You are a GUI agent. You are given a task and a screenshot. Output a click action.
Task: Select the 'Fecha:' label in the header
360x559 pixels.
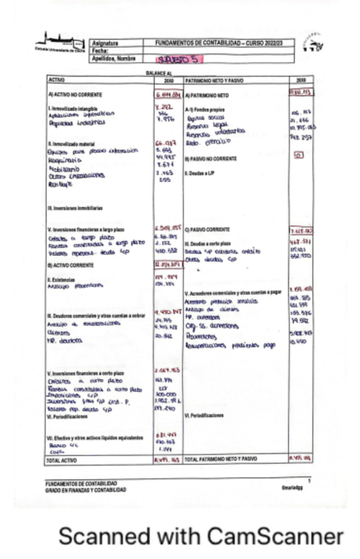pyautogui.click(x=100, y=50)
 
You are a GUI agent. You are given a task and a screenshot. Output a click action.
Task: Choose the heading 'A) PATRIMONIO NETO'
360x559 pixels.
pyautogui.click(x=208, y=95)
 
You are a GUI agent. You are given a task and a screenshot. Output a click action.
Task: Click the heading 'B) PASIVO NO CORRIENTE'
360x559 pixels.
pyautogui.click(x=211, y=159)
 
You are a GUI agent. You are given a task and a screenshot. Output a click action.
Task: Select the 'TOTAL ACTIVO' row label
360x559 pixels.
pyautogui.click(x=63, y=459)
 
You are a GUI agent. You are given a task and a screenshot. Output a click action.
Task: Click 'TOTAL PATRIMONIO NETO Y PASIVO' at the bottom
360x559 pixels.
pyautogui.click(x=226, y=458)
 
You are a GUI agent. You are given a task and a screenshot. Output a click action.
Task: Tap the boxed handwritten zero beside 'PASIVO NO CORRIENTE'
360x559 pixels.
pyautogui.click(x=298, y=156)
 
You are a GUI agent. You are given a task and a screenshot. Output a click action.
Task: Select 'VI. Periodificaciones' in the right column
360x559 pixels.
pyautogui.click(x=206, y=415)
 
